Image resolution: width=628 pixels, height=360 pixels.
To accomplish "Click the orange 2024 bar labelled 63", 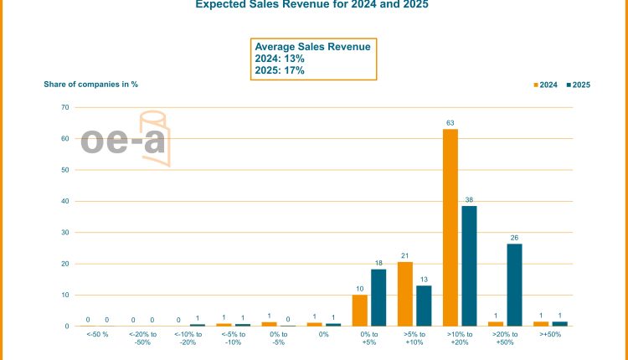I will click(450, 227).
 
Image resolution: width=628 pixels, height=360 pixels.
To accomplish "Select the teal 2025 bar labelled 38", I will click(469, 265).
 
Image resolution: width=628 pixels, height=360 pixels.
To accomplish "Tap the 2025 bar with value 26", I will click(514, 285).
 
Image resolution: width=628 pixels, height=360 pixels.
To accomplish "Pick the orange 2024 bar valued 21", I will click(405, 293).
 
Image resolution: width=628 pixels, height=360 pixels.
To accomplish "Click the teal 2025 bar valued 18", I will click(378, 297).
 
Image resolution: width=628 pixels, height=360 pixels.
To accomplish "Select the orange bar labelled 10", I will click(360, 310).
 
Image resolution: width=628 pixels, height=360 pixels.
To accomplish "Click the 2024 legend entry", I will click(546, 85).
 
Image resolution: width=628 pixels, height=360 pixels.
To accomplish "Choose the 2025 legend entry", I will click(579, 85).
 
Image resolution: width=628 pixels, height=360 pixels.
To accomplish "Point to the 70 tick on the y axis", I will click(64, 107).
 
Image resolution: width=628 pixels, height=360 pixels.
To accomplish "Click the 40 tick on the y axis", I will click(64, 201).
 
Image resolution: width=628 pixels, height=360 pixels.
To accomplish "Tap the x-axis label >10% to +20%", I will click(460, 337).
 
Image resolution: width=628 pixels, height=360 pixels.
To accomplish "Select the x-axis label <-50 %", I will click(97, 334).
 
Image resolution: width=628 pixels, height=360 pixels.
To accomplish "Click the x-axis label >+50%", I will click(550, 334).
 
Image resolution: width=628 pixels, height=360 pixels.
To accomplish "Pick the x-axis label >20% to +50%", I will click(505, 337).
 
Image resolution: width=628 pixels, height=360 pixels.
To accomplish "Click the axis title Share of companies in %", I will click(90, 84).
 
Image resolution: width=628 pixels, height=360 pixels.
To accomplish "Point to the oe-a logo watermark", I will click(125, 139).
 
